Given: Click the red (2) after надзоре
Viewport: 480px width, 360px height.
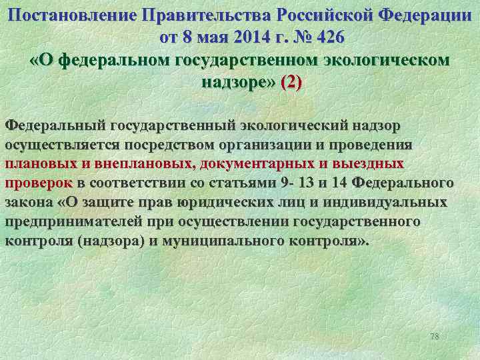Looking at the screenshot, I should coord(291,83).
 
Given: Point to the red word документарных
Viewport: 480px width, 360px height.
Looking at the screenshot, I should coord(260,164).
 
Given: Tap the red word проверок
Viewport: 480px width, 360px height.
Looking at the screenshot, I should coord(38,183).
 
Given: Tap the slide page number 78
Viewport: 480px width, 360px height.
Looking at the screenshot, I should coord(435,337).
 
